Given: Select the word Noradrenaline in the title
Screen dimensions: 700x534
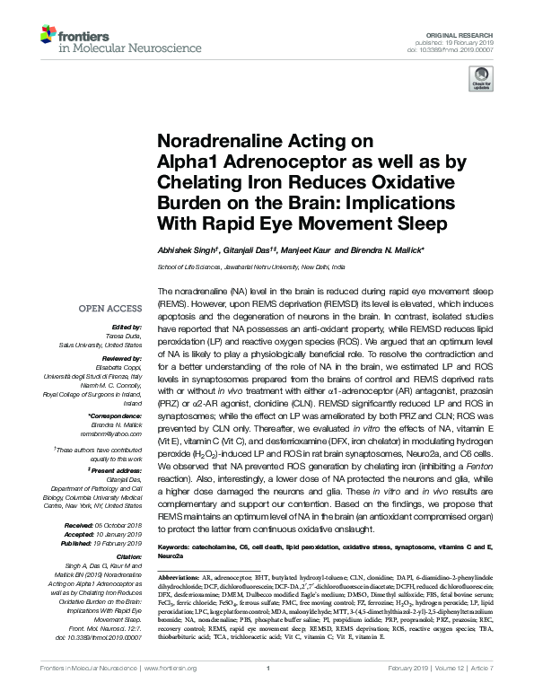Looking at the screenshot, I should click(208, 141).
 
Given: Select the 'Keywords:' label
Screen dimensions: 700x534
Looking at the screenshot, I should click(177, 547).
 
